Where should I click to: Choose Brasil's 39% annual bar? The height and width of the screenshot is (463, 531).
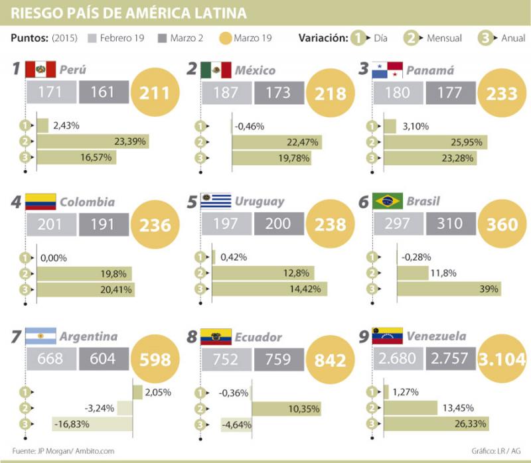(449, 289)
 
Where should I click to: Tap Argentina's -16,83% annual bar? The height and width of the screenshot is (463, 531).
(92, 423)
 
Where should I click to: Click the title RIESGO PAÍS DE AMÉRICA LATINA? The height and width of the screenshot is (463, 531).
(130, 13)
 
